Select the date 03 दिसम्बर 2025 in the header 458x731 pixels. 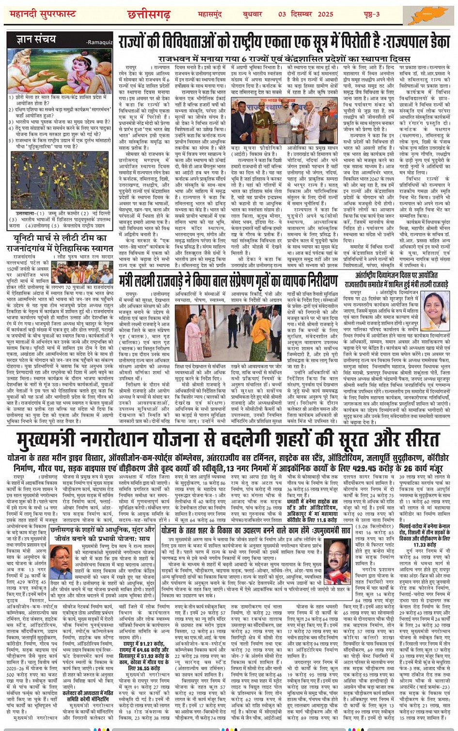[305, 14]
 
